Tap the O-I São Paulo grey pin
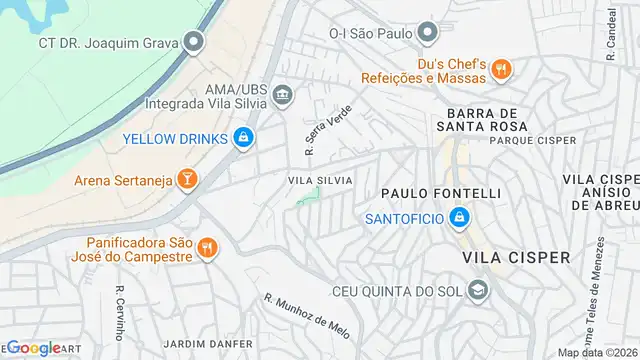[x=427, y=33]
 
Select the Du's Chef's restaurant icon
[x=502, y=69]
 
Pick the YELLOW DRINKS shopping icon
[x=242, y=137]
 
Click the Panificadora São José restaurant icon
[x=206, y=247]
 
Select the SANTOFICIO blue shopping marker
[x=458, y=217]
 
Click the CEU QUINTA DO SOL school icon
[x=479, y=291]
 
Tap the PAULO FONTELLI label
[x=440, y=192]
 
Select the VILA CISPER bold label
[x=517, y=258]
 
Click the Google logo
[x=34, y=348]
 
